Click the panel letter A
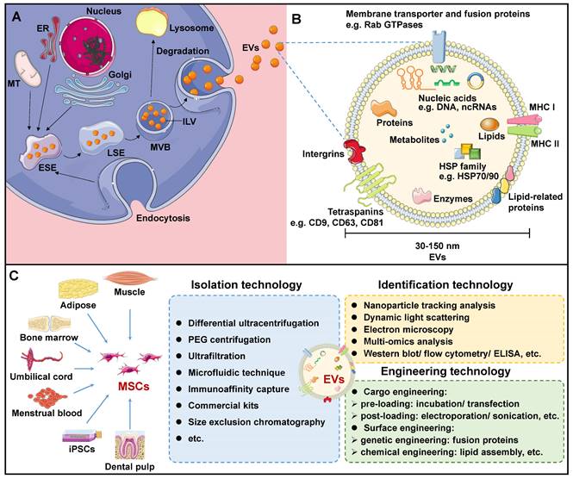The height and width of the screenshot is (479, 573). (16, 15)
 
